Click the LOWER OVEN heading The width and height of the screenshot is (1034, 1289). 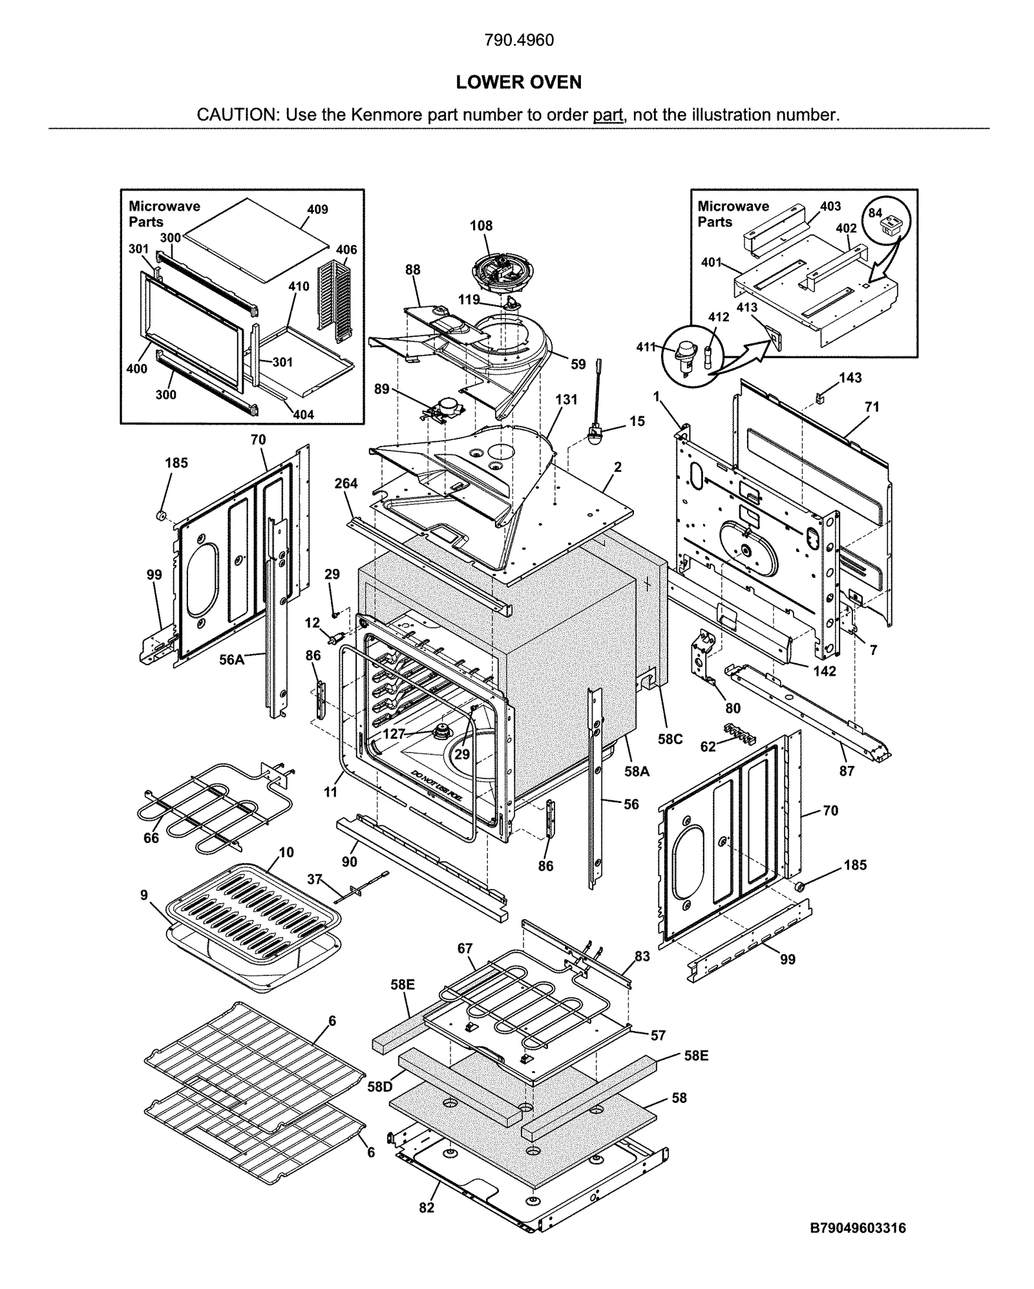518,82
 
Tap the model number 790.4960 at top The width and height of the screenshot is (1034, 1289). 518,40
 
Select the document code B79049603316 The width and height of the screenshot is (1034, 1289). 858,1228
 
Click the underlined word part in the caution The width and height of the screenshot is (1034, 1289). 607,115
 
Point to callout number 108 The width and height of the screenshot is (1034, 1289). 481,226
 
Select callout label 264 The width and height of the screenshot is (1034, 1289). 346,484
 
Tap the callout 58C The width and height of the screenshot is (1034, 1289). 670,739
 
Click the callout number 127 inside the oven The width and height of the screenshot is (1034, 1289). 394,734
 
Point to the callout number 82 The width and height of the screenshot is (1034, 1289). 427,1207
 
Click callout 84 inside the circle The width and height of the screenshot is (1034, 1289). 874,213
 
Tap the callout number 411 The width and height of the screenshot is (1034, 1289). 646,347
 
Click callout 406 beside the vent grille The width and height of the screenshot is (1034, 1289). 346,250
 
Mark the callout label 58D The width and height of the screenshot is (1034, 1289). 380,1087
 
